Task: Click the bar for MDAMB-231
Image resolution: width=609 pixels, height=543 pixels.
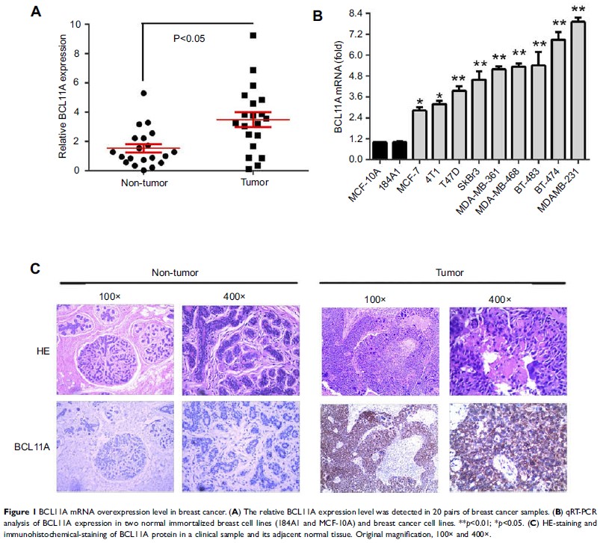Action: coord(578,90)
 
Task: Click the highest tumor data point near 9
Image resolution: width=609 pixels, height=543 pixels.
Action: coord(254,35)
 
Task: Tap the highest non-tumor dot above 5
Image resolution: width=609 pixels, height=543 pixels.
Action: coord(143,93)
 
